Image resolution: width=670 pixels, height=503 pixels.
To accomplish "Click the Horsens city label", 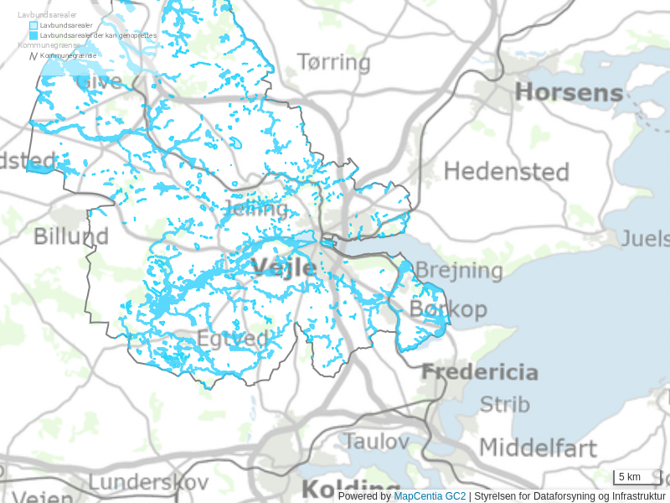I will click(x=569, y=92).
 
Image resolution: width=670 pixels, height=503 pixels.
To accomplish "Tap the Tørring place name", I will click(x=333, y=62).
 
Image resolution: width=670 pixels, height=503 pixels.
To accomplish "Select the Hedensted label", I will click(x=506, y=172).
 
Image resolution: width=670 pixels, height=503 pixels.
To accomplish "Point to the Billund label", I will click(x=71, y=236).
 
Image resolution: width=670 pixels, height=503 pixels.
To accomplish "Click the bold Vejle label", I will click(x=284, y=268).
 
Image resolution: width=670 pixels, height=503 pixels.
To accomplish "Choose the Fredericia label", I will click(x=479, y=371).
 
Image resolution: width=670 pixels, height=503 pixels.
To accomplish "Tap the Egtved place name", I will click(x=233, y=340).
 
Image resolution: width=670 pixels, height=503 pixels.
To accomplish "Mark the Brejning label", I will click(x=459, y=271).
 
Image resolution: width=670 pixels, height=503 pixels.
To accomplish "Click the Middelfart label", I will click(x=538, y=447).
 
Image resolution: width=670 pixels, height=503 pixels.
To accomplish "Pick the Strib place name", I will click(x=504, y=404).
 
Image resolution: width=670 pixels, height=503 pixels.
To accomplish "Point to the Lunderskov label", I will click(x=147, y=482).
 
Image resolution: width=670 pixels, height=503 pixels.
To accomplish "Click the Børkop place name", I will click(x=448, y=309).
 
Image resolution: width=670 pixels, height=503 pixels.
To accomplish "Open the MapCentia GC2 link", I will click(x=430, y=496).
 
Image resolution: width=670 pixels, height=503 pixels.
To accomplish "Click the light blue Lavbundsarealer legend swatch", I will click(x=33, y=26).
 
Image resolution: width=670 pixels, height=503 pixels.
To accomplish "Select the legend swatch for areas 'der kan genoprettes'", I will click(x=33, y=35).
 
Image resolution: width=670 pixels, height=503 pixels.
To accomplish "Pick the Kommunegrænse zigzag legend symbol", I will click(x=33, y=55).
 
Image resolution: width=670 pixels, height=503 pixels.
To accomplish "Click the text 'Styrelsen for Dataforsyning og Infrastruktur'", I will click(x=569, y=496).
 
